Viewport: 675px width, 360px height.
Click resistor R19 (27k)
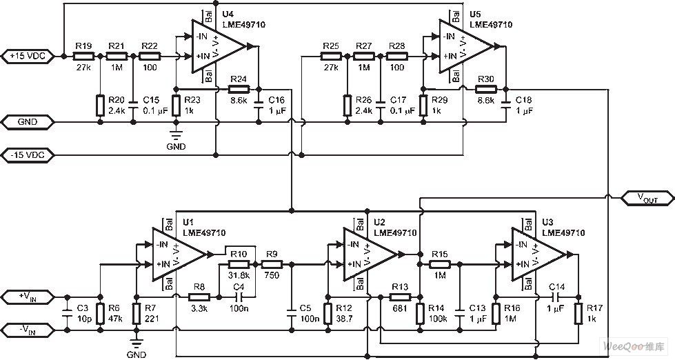point(83,56)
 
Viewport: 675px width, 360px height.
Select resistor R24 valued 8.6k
point(238,88)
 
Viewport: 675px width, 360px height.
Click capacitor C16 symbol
point(259,105)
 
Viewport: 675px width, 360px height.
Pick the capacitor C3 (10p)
point(68,314)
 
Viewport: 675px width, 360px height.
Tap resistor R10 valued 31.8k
point(238,263)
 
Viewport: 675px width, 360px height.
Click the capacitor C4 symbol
point(239,297)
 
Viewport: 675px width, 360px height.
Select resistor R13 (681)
point(399,297)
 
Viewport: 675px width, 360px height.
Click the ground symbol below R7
point(137,344)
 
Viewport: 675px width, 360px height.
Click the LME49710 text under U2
point(395,233)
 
